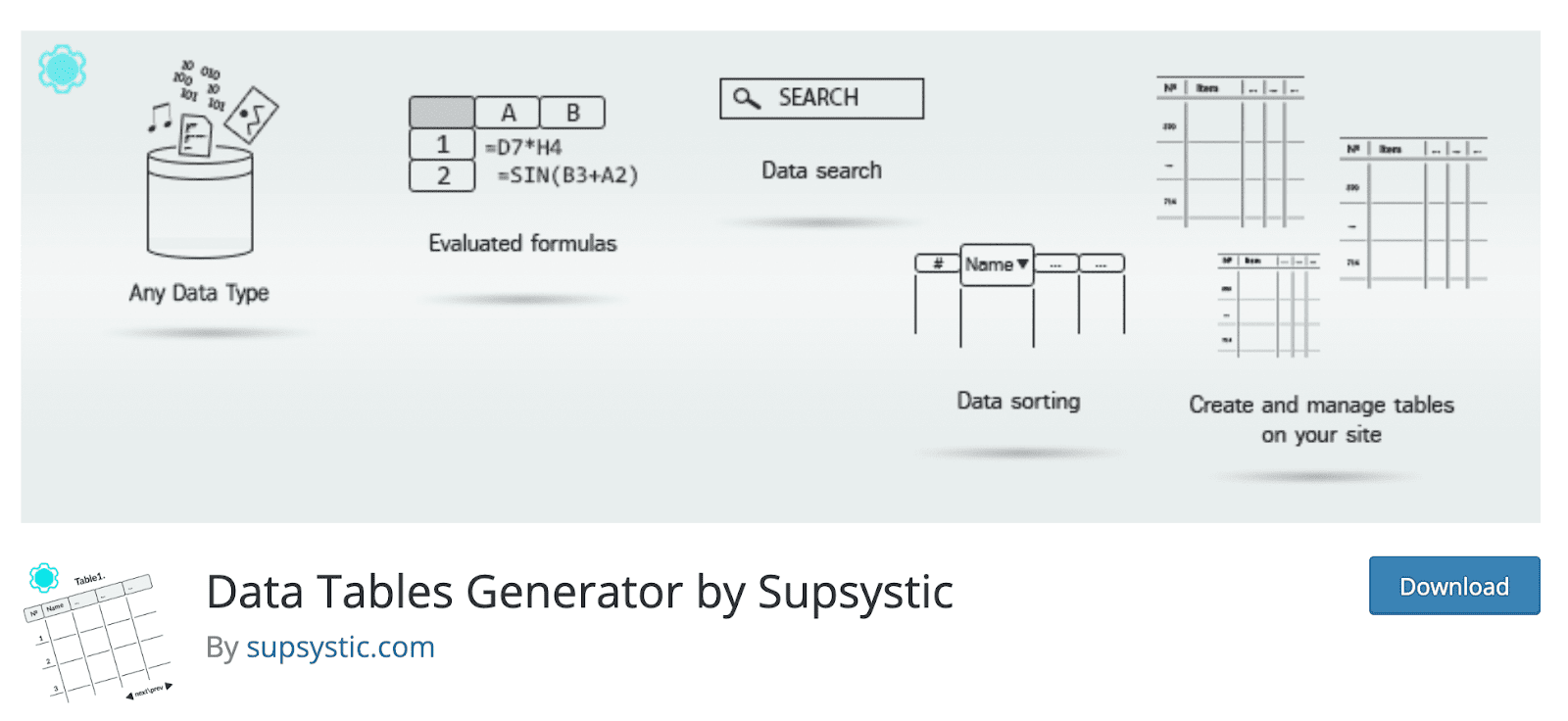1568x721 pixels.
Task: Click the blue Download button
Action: [x=1453, y=586]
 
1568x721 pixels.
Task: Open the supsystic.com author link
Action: [x=340, y=648]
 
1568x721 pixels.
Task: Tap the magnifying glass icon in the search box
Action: [x=747, y=98]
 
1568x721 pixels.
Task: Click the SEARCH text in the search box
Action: [x=818, y=98]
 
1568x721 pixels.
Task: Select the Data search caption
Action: [x=821, y=170]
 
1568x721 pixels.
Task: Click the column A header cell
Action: [x=508, y=113]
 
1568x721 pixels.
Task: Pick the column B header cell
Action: [x=572, y=113]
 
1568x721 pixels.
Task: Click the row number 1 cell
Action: [x=442, y=145]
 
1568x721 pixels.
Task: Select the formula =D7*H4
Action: [x=524, y=148]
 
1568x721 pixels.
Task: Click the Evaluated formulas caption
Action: [x=522, y=243]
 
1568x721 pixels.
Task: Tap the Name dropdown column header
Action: [x=997, y=264]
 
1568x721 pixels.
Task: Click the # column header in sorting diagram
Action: [x=938, y=264]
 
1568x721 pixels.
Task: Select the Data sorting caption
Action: [x=1018, y=401]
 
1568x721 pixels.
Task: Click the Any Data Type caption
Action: [x=199, y=293]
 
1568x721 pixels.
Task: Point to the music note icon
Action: [x=158, y=118]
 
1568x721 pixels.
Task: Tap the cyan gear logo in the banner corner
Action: [x=63, y=69]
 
